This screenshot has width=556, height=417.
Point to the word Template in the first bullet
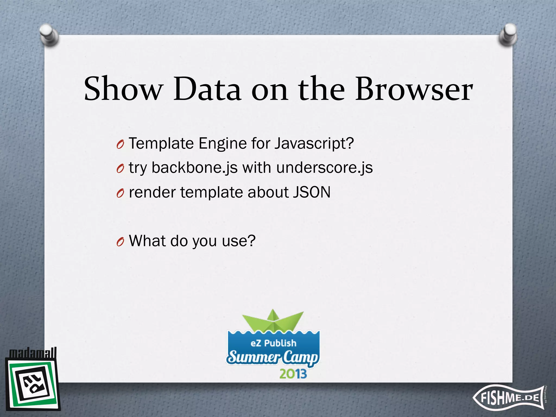pos(161,144)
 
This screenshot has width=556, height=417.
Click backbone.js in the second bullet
pos(194,168)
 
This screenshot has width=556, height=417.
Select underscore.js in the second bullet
pos(324,168)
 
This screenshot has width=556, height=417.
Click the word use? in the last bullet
pos(239,241)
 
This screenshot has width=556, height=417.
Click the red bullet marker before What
pos(120,241)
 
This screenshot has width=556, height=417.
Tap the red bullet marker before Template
pos(120,144)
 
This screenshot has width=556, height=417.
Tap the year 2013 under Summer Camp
pos(293,374)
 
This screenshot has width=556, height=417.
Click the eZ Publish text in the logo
pos(273,343)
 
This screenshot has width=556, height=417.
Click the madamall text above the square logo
pos(33,353)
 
